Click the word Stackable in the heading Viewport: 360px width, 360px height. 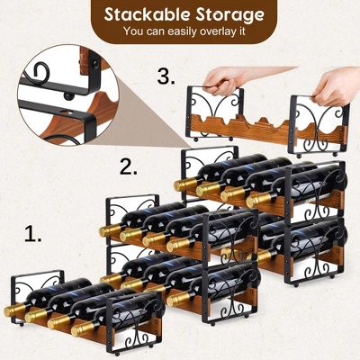pos(143,15)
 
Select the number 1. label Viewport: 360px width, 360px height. pos(33,236)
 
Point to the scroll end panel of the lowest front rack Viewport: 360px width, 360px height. pos(128,329)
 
